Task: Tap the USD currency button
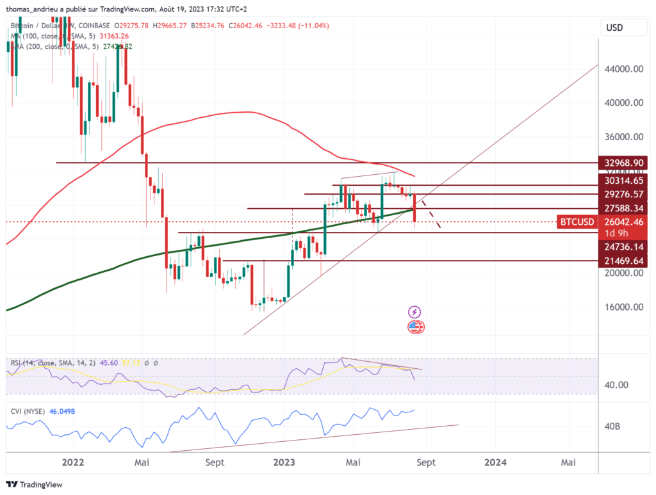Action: tap(614, 28)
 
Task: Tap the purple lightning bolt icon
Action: tap(414, 312)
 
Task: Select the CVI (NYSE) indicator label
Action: tap(28, 410)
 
